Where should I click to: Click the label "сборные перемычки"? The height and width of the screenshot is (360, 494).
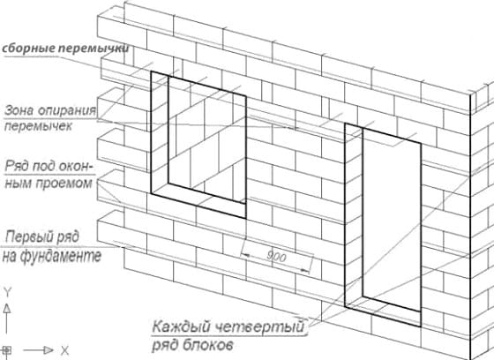65,49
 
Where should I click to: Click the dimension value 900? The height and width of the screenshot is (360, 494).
276,256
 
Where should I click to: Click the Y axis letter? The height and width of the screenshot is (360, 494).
7,290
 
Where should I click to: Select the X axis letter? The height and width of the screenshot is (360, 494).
64,350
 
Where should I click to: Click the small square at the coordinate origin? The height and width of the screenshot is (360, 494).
7,350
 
